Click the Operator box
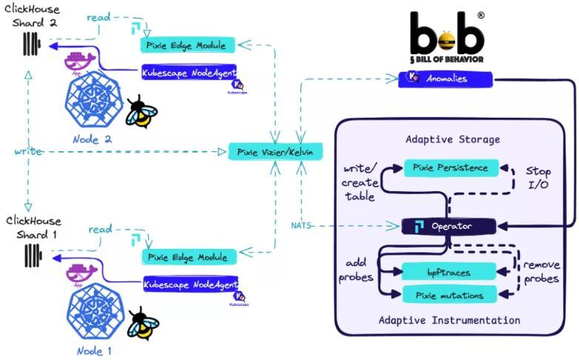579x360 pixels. point(447,226)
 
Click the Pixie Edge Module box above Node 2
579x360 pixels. point(188,44)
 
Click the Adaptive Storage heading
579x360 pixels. point(452,139)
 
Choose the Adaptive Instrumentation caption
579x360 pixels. point(449,321)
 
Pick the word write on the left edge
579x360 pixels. point(27,152)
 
